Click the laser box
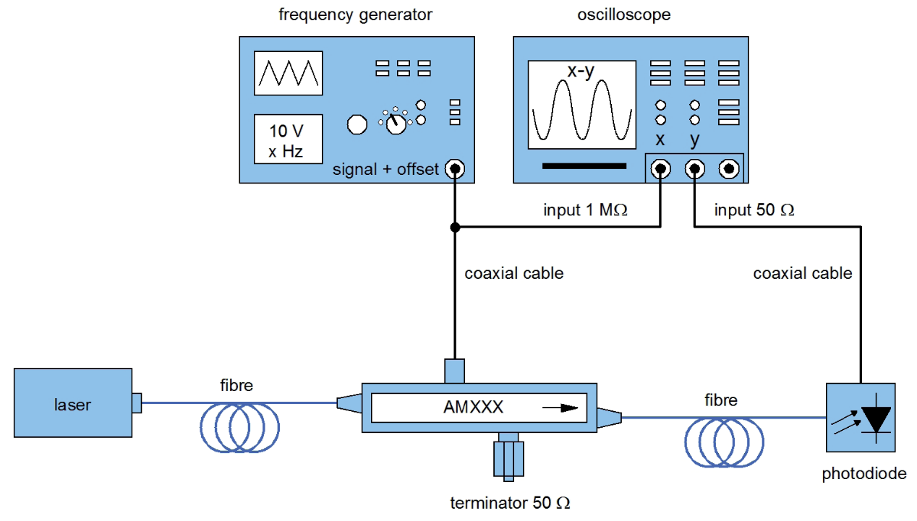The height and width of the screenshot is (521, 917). click(x=73, y=402)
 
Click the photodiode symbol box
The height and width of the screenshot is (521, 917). click(x=861, y=418)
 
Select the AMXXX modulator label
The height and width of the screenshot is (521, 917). click(x=473, y=407)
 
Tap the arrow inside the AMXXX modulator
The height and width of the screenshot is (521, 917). click(x=560, y=408)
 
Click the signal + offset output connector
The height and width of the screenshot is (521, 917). click(x=455, y=169)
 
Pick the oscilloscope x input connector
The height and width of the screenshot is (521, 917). click(x=660, y=169)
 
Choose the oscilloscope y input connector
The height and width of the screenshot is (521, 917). click(x=695, y=169)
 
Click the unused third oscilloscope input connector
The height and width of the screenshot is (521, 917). click(x=729, y=169)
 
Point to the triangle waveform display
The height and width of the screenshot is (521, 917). click(x=289, y=73)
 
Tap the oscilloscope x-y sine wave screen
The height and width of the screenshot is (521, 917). click(x=581, y=105)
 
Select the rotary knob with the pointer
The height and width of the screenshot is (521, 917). click(x=396, y=124)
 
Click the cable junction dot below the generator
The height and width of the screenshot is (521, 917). click(x=455, y=227)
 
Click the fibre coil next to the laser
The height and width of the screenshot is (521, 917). click(x=240, y=427)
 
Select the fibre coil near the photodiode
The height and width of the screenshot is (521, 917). click(x=724, y=442)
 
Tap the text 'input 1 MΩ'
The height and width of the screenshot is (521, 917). click(x=585, y=210)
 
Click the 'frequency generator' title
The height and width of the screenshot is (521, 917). click(x=355, y=14)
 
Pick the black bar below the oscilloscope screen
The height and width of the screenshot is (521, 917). click(x=584, y=166)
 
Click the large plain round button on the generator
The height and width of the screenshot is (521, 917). click(x=357, y=124)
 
